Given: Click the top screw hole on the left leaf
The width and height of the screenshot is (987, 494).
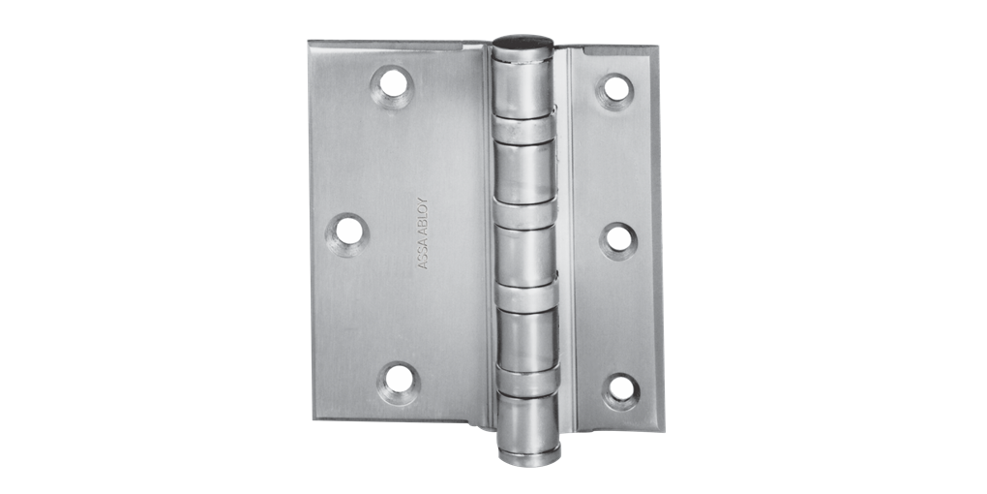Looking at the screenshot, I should coord(392,84).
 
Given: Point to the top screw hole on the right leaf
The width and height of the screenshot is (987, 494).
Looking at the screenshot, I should coord(613,88).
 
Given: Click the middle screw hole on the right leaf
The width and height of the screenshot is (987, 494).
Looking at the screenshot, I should coord(617,237).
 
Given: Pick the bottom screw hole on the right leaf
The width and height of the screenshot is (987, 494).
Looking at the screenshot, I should coord(620,387).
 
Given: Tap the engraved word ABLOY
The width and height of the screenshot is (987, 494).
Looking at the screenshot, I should coord(423,218).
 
